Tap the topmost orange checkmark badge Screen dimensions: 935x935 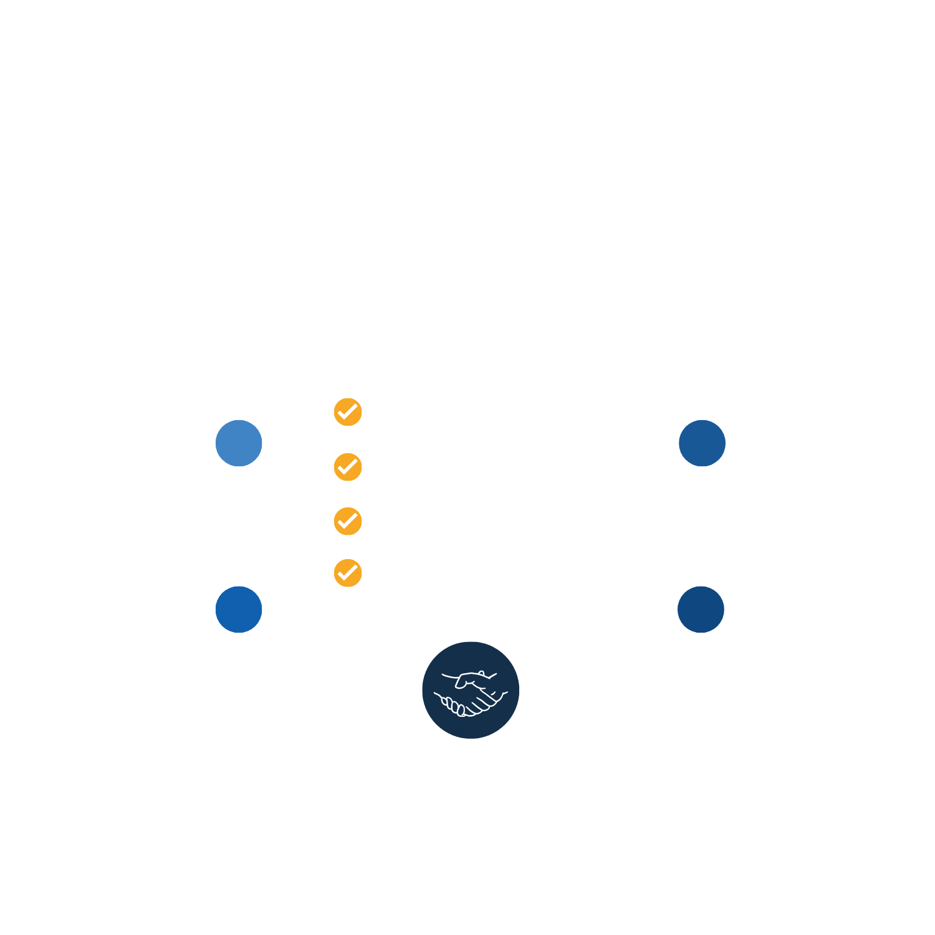point(348,412)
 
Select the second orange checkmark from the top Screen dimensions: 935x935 point(348,467)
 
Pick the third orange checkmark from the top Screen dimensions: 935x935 point(348,521)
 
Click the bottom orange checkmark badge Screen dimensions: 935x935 point(348,573)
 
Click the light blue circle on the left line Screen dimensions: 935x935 point(239,443)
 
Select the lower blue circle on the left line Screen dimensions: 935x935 point(239,609)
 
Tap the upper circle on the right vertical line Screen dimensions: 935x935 point(702,443)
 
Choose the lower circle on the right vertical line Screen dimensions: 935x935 point(701,609)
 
